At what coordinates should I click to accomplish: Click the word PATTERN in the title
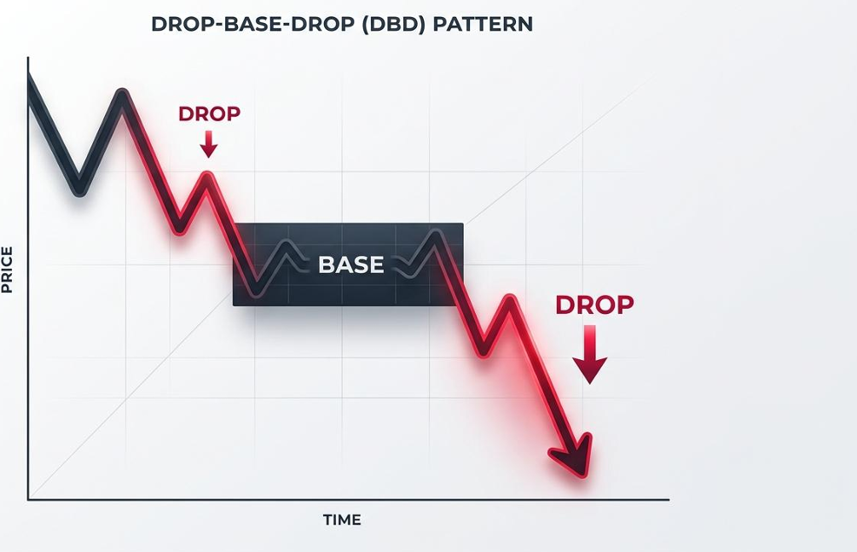(483, 24)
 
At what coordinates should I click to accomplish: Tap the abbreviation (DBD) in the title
(393, 24)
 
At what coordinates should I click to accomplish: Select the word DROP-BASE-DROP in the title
(253, 24)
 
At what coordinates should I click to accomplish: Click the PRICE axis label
(7, 270)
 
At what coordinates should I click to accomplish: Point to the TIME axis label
(342, 520)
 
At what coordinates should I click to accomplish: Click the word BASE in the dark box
(350, 264)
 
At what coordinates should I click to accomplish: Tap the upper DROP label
(209, 113)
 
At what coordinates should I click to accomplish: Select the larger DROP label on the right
(594, 305)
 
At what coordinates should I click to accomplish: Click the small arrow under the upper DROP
(208, 144)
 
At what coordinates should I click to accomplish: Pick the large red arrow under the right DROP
(590, 355)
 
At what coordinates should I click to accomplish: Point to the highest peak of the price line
(123, 93)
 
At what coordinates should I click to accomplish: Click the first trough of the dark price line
(80, 190)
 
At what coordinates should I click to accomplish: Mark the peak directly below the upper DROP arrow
(207, 176)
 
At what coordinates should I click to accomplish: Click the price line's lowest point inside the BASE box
(257, 292)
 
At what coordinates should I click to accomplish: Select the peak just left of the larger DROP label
(510, 299)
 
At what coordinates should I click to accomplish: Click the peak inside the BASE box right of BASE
(436, 234)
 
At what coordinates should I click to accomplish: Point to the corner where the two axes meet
(28, 499)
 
